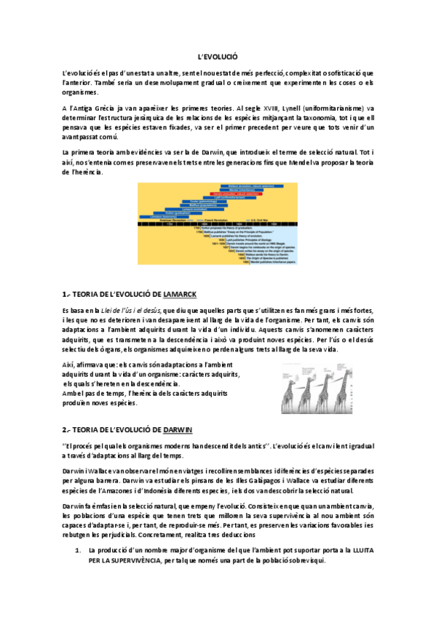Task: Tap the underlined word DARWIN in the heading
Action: click(x=178, y=430)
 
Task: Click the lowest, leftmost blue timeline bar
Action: click(x=166, y=216)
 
